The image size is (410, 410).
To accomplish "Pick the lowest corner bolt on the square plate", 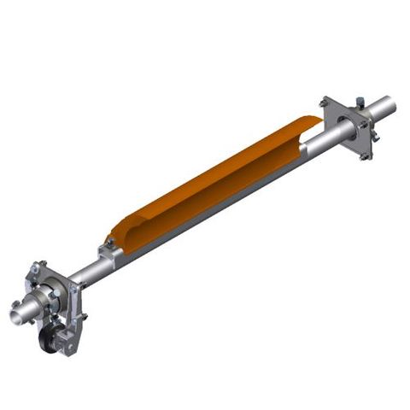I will pos(365,156).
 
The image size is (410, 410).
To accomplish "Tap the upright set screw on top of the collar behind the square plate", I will pos(360,102).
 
